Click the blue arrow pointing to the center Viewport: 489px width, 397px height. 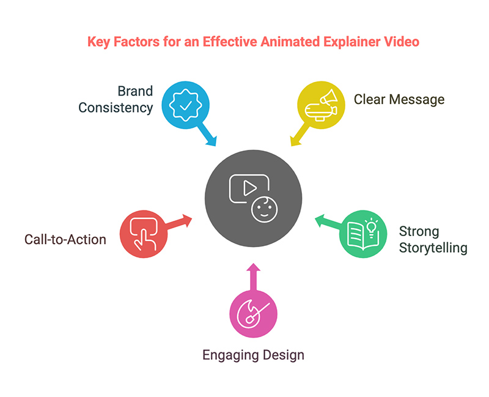tap(207, 137)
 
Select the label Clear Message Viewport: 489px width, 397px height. tap(400, 99)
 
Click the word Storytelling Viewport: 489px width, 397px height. tap(433, 248)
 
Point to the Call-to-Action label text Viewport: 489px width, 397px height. tap(65, 239)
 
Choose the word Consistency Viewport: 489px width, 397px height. tap(119, 108)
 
